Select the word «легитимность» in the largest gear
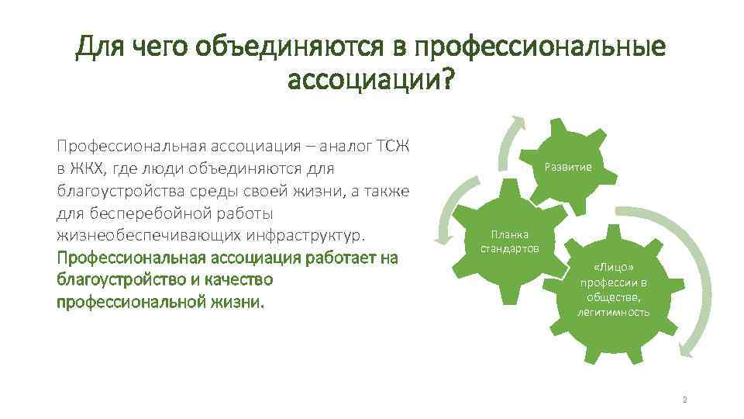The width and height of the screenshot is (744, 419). click(613, 312)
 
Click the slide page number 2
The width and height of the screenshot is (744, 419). click(684, 400)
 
